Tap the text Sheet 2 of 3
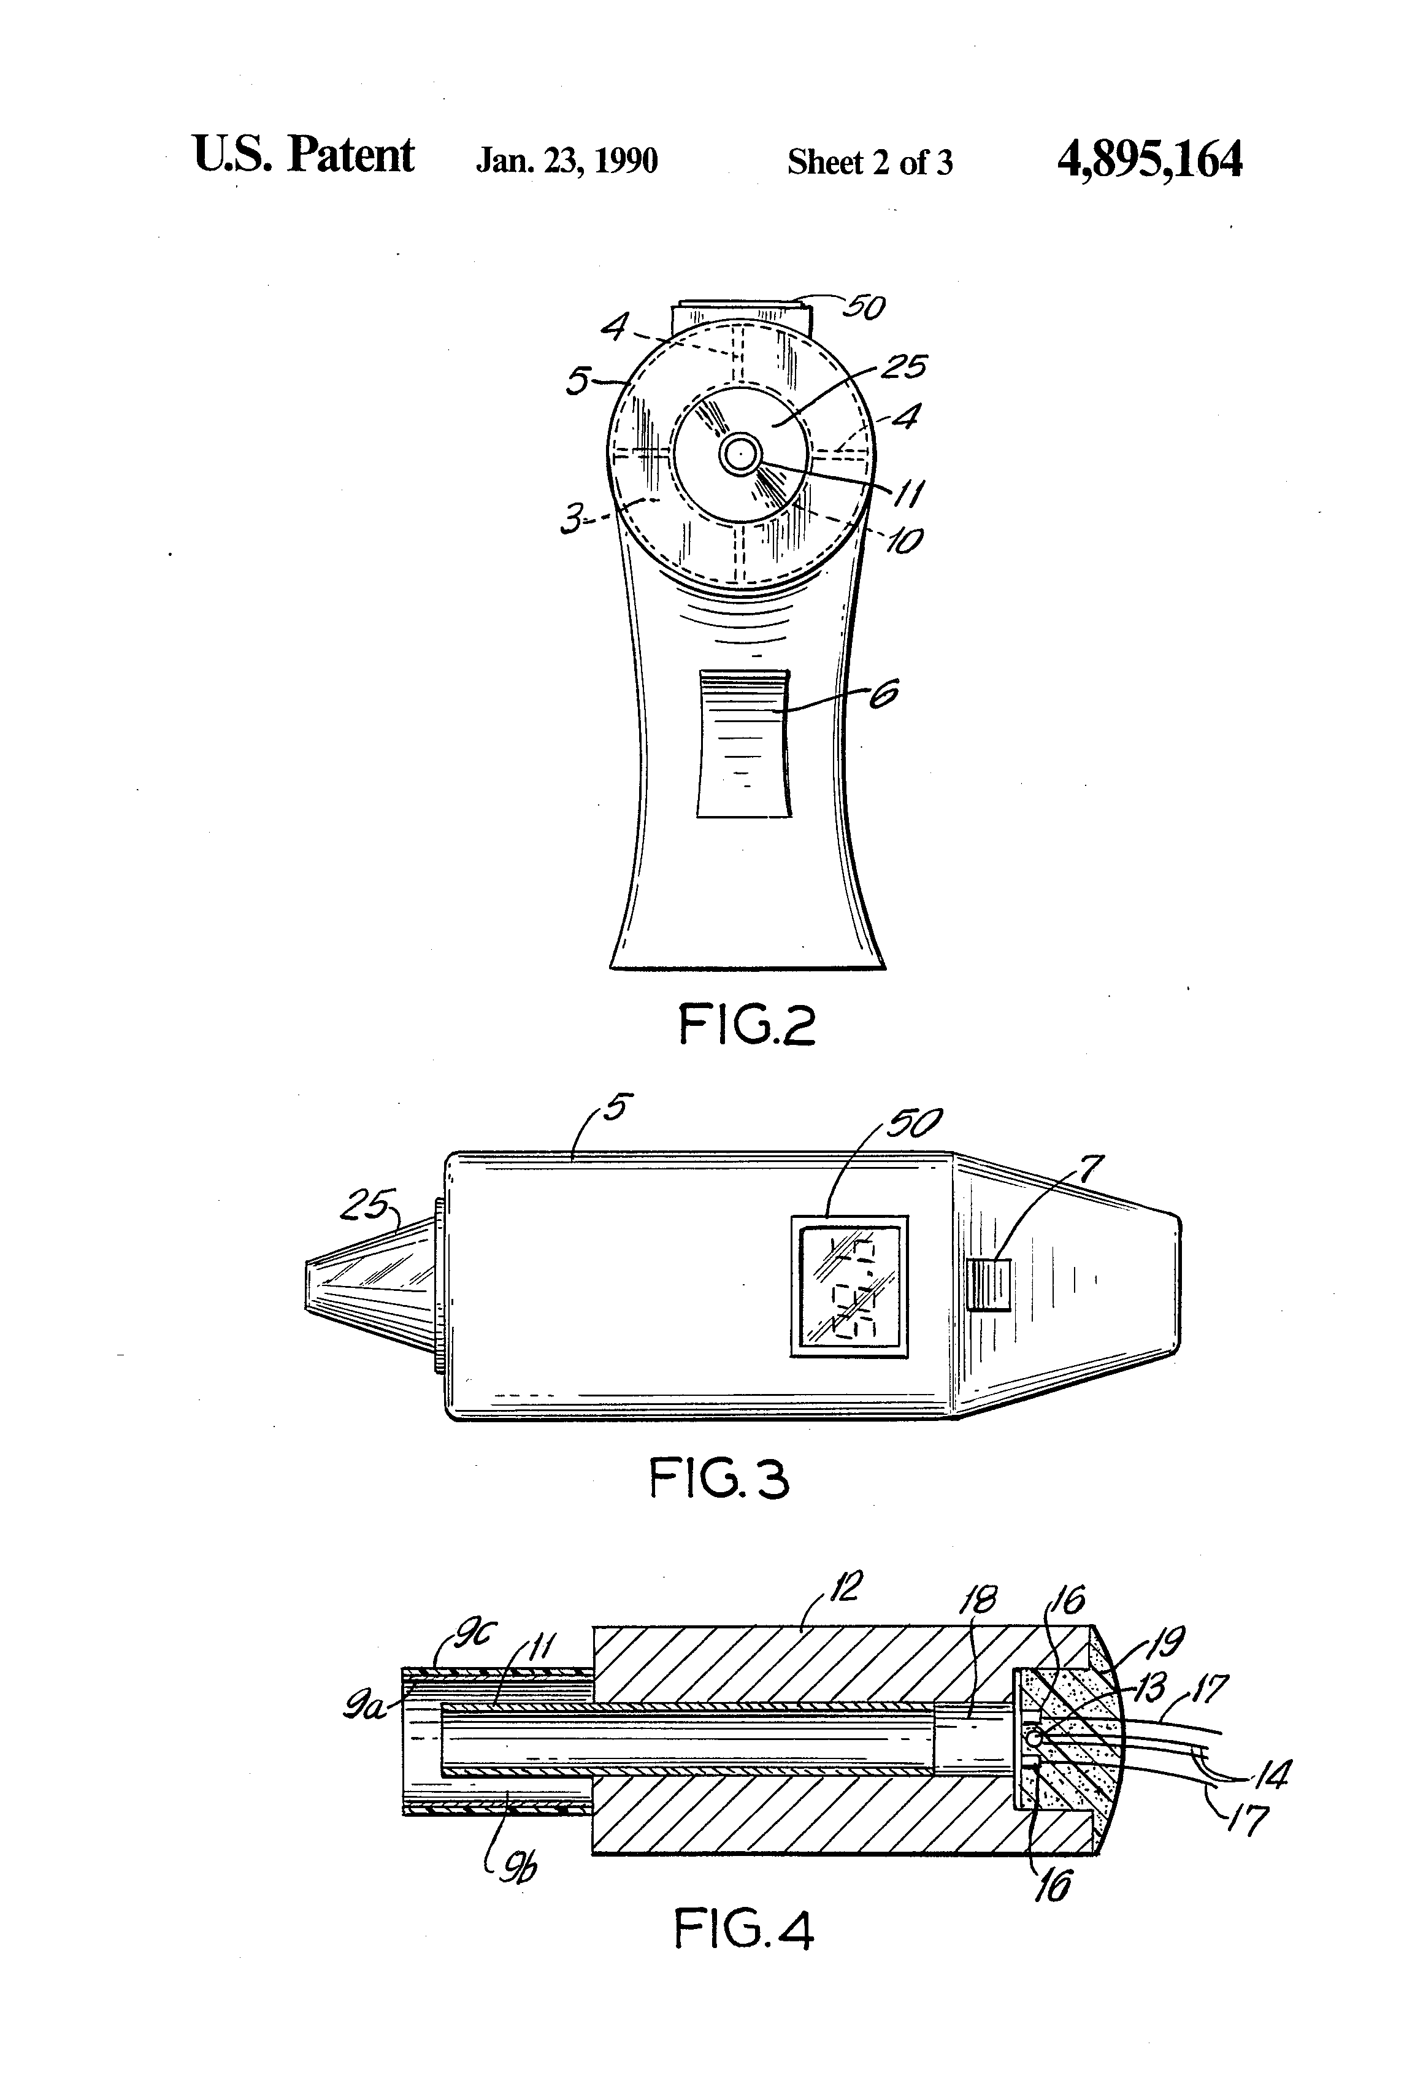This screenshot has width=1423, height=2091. pos(870,163)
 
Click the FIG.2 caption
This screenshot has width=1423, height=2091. pos(746,1026)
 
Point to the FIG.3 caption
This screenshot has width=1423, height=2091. pos(719,1479)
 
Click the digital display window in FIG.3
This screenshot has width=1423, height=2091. pos(849,1286)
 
